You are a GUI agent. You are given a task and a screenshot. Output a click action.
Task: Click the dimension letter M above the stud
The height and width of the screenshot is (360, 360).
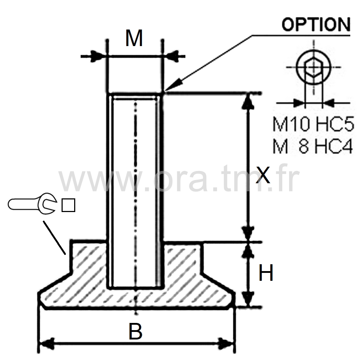pyautogui.click(x=134, y=38)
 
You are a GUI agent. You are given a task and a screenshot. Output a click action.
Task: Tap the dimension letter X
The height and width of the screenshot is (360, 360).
pyautogui.click(x=263, y=175)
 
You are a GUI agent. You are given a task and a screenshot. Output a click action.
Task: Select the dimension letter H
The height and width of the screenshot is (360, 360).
pyautogui.click(x=266, y=273)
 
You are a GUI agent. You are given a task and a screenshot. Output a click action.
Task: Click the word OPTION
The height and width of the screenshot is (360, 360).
pyautogui.click(x=316, y=24)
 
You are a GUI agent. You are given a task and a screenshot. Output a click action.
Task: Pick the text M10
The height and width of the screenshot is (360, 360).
pyautogui.click(x=291, y=124)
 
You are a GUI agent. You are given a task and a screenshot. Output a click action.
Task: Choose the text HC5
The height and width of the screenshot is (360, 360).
pyautogui.click(x=334, y=124)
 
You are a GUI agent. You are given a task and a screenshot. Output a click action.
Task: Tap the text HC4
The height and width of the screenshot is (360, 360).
pyautogui.click(x=333, y=146)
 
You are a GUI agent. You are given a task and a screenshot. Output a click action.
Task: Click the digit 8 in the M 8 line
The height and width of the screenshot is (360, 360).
pyautogui.click(x=303, y=146)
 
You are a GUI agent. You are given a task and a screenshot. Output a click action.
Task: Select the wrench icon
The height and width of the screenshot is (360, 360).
pyautogui.click(x=32, y=204)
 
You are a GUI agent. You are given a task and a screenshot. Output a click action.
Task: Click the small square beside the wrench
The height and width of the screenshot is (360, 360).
pyautogui.click(x=68, y=205)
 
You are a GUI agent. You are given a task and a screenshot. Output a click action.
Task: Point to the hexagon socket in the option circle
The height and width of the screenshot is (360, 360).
pyautogui.click(x=314, y=67)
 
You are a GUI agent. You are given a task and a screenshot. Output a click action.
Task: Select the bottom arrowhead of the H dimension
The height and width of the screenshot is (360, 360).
pyautogui.click(x=248, y=299)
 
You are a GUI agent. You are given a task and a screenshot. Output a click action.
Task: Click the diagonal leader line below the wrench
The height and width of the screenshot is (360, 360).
pyautogui.click(x=54, y=238)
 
